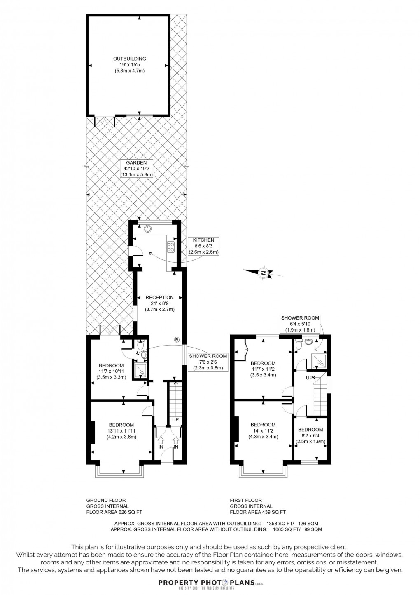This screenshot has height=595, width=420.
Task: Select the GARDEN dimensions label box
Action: tap(136, 169)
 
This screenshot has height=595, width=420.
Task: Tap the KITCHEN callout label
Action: tap(203, 246)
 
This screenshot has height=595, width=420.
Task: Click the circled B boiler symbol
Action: tap(176, 340)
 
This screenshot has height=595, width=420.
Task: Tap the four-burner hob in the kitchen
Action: tap(171, 247)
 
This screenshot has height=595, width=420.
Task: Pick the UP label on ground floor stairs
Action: tap(175, 419)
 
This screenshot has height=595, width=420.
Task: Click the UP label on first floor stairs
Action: tap(308, 378)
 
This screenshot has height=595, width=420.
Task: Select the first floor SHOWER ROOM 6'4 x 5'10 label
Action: tap(300, 324)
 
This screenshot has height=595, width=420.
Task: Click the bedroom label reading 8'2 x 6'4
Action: tap(310, 435)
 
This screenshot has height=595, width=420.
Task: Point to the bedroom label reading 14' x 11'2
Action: tap(263, 431)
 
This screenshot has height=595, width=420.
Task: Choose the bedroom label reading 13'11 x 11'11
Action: tap(121, 431)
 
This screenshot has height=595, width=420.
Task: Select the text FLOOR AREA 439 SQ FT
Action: tap(258, 512)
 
